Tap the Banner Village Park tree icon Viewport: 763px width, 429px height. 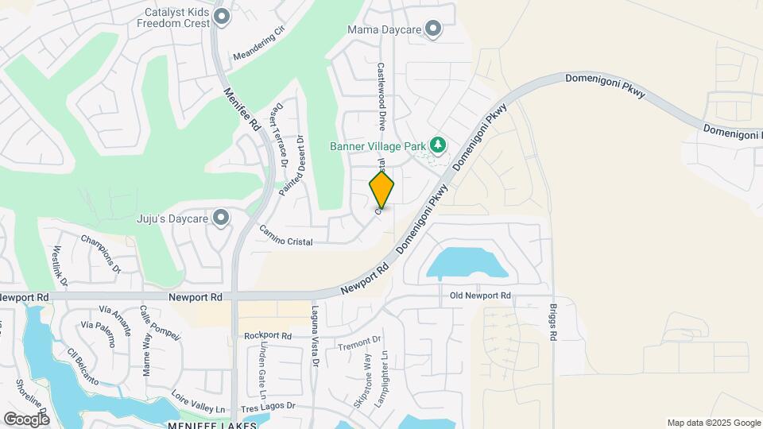[x=436, y=145]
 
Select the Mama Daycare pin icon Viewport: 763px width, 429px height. [x=433, y=29]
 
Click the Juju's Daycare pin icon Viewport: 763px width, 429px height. [x=221, y=216]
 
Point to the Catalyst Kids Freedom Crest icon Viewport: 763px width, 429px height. [x=222, y=17]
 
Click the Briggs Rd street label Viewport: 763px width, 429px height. [x=552, y=321]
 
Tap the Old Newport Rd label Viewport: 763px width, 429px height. [x=479, y=296]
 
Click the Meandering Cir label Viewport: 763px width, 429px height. [x=258, y=45]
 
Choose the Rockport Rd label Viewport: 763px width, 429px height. [x=268, y=336]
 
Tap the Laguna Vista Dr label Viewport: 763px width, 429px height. [x=315, y=338]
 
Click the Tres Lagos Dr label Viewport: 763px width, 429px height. [x=268, y=407]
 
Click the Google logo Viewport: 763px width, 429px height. [x=26, y=418]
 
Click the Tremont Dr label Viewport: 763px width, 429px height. [x=359, y=342]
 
